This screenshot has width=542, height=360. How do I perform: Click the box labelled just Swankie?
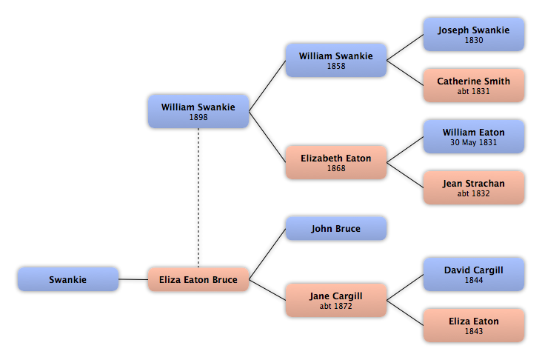tap(68, 279)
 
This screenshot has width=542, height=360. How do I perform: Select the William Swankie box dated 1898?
tap(198, 111)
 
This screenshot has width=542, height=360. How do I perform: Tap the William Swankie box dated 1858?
tap(336, 60)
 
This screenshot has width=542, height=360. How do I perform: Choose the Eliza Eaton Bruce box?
tap(198, 279)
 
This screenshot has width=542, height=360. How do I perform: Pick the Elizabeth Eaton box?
tap(336, 162)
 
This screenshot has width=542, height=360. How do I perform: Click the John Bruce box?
tap(336, 228)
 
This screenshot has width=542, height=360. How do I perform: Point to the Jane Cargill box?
tap(336, 300)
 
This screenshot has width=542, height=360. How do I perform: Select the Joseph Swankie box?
tap(474, 34)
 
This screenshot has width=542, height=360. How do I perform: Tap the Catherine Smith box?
tap(474, 85)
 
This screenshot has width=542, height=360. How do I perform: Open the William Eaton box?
tap(474, 136)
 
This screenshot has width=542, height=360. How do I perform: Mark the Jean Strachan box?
tap(474, 187)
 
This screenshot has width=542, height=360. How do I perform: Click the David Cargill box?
tap(474, 274)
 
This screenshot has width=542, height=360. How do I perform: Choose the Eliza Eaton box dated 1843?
tap(474, 325)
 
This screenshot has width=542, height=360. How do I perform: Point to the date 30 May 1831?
tap(474, 142)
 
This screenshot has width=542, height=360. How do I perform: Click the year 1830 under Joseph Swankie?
tap(474, 40)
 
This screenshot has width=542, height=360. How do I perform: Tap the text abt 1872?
tap(336, 306)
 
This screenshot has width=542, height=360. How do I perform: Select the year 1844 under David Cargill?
tap(474, 280)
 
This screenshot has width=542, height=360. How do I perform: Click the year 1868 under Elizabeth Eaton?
tap(336, 168)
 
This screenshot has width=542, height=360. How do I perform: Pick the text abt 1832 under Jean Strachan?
tap(474, 193)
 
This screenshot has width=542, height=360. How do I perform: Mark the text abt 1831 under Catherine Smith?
tap(474, 91)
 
